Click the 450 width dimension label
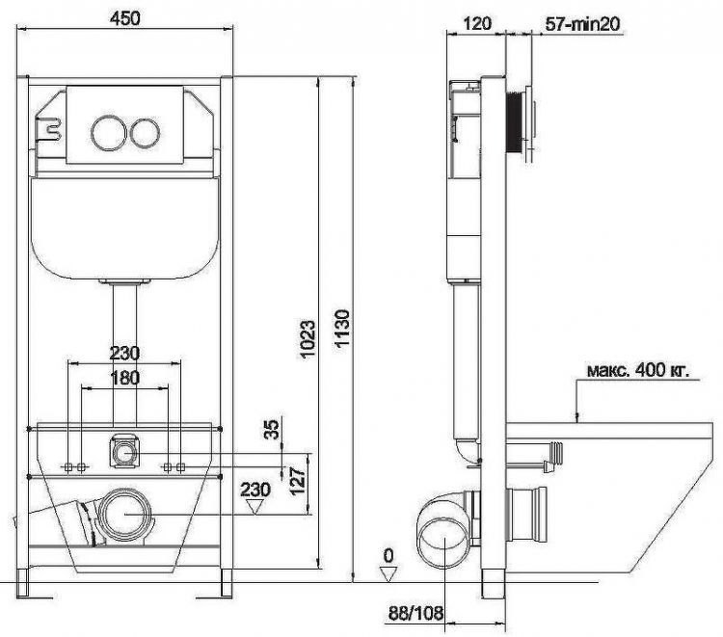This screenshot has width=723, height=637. tap(124, 18)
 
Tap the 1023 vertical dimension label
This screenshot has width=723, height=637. tap(308, 339)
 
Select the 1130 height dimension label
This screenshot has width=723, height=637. tap(342, 329)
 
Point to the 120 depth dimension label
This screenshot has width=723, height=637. tap(476, 23)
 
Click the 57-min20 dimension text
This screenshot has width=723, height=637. tap(582, 23)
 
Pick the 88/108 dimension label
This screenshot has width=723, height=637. tap(415, 613)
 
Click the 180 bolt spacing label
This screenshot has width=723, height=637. tap(124, 378)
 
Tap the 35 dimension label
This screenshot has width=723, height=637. tap(273, 429)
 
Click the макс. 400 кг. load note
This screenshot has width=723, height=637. tap(638, 370)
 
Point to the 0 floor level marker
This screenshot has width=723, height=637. tap(388, 557)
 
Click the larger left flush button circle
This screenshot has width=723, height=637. tap(108, 132)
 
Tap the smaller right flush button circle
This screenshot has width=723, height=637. tap(145, 132)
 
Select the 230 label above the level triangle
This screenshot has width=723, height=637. tap(255, 490)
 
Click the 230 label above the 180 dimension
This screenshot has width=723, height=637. tap(124, 354)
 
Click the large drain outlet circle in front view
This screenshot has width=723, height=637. tap(125, 515)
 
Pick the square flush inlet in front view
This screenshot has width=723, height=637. tap(123, 449)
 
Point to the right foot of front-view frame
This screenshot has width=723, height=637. tap(227, 583)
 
